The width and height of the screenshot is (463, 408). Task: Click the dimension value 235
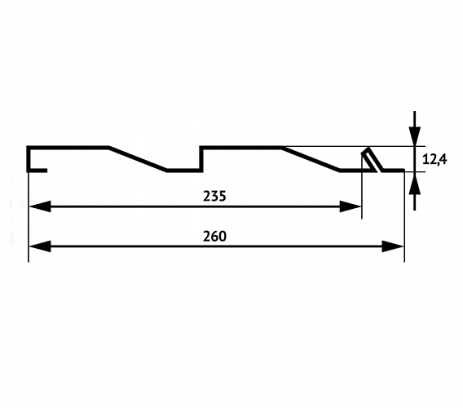pyautogui.click(x=214, y=196)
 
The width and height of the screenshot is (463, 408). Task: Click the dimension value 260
pyautogui.click(x=214, y=236)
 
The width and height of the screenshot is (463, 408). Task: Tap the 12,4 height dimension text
pyautogui.click(x=434, y=160)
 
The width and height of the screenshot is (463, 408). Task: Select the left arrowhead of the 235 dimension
pyautogui.click(x=40, y=206)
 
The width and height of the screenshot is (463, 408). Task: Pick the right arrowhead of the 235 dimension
pyautogui.click(x=351, y=206)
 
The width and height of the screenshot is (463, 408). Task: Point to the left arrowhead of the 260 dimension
pyautogui.click(x=40, y=246)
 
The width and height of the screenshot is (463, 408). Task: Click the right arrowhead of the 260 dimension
pyautogui.click(x=392, y=246)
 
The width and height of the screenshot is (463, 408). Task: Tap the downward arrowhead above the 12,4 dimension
pyautogui.click(x=415, y=136)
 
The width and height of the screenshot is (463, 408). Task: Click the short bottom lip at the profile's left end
pyautogui.click(x=37, y=171)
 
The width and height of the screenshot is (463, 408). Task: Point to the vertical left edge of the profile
pyautogui.click(x=29, y=159)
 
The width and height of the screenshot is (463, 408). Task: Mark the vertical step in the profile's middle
pyautogui.click(x=201, y=159)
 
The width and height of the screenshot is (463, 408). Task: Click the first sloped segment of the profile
pyautogui.click(x=138, y=158)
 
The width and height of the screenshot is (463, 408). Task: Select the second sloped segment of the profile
pyautogui.click(x=311, y=158)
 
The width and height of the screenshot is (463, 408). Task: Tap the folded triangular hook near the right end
pyautogui.click(x=373, y=159)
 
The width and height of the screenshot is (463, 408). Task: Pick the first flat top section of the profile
pyautogui.click(x=68, y=147)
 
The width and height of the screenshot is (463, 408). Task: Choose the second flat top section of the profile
pyautogui.click(x=241, y=147)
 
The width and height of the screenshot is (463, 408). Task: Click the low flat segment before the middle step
pyautogui.click(x=184, y=171)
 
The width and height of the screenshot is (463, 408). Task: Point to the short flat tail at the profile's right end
pyautogui.click(x=394, y=171)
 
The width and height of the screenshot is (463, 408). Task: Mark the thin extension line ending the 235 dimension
pyautogui.click(x=362, y=186)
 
